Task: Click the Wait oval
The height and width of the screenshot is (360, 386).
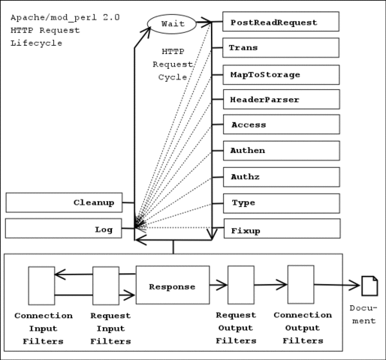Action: pos(172,24)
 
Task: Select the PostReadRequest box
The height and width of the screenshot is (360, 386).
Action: pos(281,22)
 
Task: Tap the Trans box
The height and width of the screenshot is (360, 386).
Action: pos(281,48)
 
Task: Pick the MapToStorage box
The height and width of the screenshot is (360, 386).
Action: pos(281,74)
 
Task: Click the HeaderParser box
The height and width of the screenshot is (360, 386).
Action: pos(281,99)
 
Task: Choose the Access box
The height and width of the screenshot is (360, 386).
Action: pos(281,124)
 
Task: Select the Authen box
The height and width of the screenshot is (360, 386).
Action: pos(281,150)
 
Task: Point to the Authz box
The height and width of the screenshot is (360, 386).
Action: pos(281,177)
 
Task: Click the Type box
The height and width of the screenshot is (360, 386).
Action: pos(281,202)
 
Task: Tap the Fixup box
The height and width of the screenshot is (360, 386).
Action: pos(281,229)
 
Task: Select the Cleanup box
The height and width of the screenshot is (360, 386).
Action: pos(64,202)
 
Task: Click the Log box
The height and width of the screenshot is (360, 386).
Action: pos(64,229)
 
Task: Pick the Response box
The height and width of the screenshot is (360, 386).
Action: pos(172,286)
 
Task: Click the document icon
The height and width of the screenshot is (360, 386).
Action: pos(369,286)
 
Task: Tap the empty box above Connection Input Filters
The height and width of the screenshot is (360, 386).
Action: pos(41,286)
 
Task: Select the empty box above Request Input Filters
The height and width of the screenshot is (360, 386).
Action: pos(106,286)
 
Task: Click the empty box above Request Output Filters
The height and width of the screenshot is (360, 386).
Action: pos(240,285)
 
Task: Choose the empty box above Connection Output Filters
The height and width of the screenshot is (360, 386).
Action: pos(300,284)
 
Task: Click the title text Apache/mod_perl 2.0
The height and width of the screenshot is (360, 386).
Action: pos(65,16)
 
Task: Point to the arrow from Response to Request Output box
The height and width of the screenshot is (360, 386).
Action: pos(219,285)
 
